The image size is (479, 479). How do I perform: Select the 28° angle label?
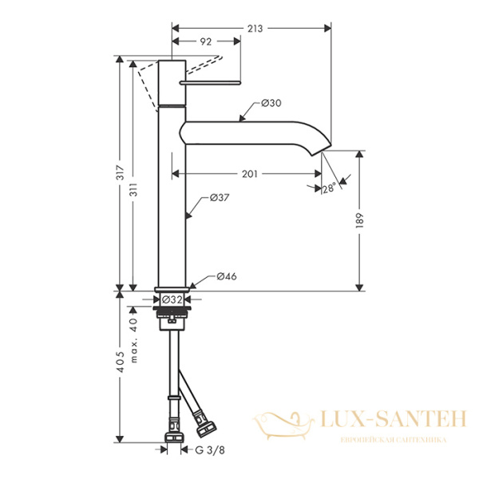click(327, 188)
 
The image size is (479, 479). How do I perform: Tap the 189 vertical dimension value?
click(361, 220)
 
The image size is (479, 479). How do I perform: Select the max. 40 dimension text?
click(135, 327)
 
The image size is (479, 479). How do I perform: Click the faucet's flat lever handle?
click(211, 81)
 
